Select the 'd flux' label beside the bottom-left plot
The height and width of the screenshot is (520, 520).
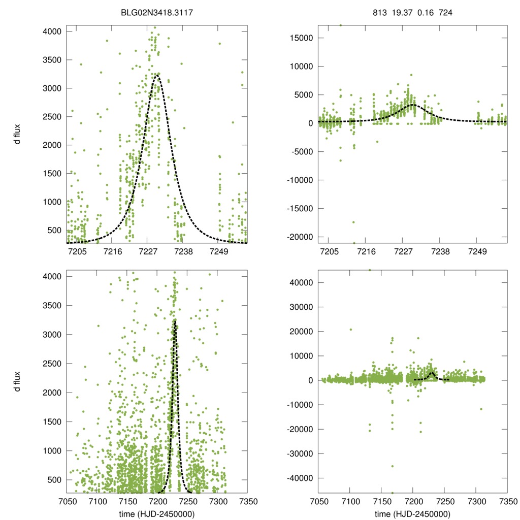click(x=18, y=381)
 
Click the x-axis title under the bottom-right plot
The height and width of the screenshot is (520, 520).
click(x=412, y=514)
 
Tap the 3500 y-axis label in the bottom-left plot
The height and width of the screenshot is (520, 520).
click(x=51, y=306)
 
